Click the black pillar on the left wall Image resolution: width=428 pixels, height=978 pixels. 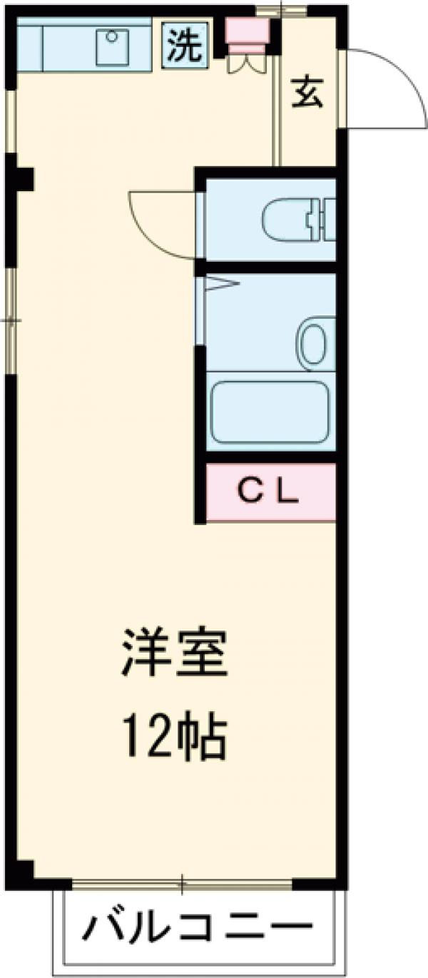pyautogui.click(x=21, y=178)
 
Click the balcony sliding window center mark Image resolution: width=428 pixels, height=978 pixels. pyautogui.click(x=182, y=885)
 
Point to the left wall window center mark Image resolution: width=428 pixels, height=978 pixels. pyautogui.click(x=11, y=320)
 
